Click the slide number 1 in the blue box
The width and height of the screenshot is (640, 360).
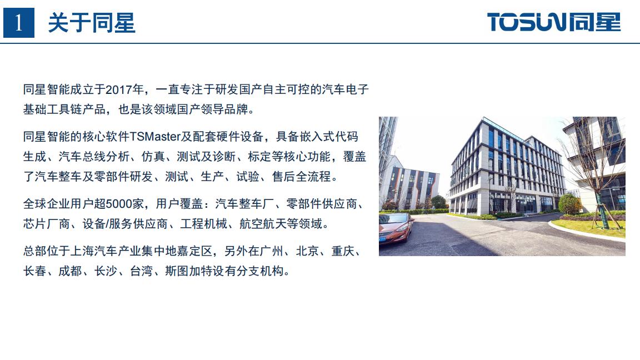coord(18,23)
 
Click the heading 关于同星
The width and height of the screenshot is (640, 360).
coord(92,23)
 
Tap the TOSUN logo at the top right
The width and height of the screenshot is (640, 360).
coord(554,22)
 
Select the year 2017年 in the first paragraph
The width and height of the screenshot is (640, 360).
coord(125,89)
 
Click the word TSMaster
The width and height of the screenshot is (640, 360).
coord(155,136)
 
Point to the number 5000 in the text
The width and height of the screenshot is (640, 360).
coord(119,203)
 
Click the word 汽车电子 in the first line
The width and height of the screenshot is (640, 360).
coord(346,89)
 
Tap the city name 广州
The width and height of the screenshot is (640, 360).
coord(271,251)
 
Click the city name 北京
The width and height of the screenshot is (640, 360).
coord(307,251)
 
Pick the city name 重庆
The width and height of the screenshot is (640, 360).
coord(343,251)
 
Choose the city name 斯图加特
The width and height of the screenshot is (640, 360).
coord(188,271)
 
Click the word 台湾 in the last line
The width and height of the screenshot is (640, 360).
coord(141,271)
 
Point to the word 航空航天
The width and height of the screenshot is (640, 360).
coord(263,224)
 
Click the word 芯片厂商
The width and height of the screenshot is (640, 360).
coord(47,224)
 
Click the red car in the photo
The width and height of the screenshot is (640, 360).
coord(395,228)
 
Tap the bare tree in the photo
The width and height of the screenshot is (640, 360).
coord(592,172)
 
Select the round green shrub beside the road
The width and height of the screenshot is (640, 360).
coord(569,204)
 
